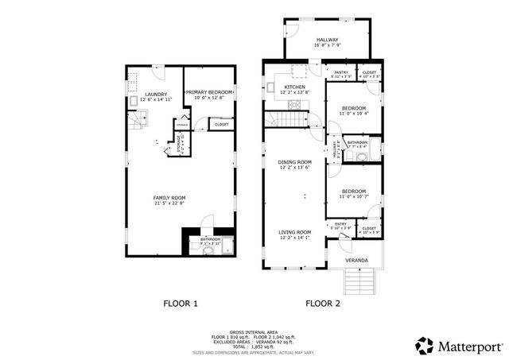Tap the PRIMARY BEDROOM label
(209, 93)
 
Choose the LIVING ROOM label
(294, 232)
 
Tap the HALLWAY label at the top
(328, 40)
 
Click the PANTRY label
(342, 72)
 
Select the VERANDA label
(356, 260)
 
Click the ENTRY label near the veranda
(340, 225)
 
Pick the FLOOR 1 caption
(181, 303)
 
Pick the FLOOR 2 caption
(322, 303)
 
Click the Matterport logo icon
(425, 346)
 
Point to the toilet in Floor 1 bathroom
(207, 251)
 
